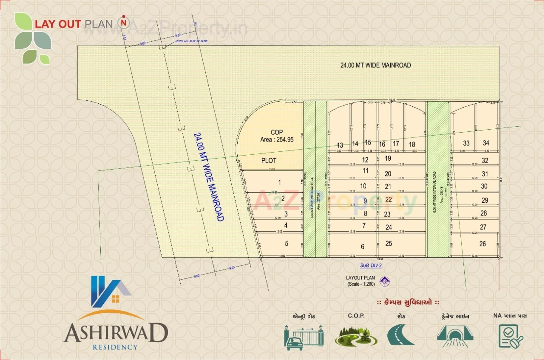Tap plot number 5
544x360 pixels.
286,244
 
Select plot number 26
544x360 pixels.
482,244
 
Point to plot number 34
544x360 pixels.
486,143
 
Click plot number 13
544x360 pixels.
340,145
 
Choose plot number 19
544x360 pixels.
388,158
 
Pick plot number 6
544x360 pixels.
362,246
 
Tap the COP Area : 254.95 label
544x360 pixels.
277,136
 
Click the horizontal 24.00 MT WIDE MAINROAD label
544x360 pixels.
376,65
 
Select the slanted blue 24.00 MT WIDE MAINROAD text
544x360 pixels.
209,177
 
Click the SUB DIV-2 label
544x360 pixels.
371,266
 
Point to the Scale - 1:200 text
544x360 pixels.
361,284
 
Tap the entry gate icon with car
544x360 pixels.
304,337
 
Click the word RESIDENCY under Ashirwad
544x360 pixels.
115,347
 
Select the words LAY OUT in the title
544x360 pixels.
58,24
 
